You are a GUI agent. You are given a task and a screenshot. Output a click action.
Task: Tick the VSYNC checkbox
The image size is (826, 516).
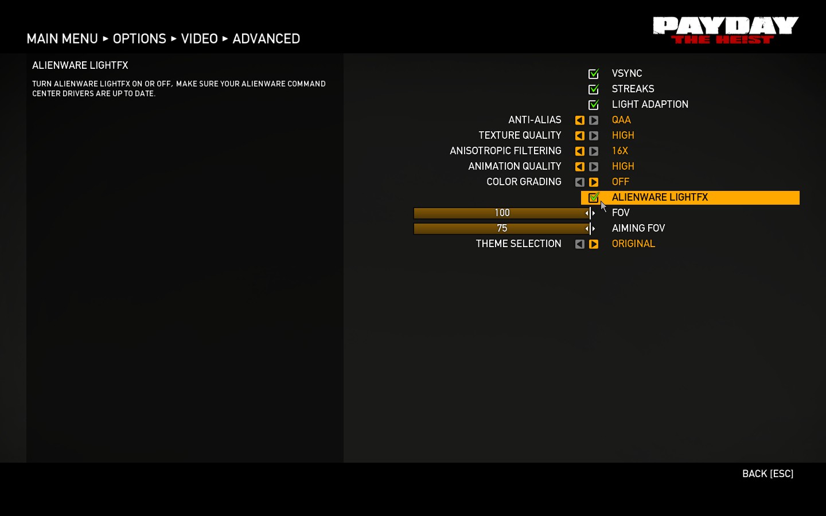pos(594,74)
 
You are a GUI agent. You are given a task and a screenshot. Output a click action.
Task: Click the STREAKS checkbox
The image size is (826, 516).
pos(594,89)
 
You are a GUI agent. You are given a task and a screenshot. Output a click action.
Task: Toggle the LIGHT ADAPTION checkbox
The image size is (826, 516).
pos(594,105)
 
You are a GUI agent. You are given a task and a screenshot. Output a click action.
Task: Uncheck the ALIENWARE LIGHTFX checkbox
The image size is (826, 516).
pos(594,198)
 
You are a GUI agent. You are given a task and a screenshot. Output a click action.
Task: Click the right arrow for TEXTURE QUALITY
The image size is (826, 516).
pos(594,136)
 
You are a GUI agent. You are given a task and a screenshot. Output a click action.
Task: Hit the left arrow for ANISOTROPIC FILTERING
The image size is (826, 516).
pos(580,151)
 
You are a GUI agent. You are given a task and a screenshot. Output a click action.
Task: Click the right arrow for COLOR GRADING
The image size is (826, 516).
pos(594,182)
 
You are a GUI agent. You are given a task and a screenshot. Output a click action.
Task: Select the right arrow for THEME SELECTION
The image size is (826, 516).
pos(594,244)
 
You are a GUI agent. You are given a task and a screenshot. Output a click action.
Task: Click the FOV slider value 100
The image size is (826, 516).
pos(502,213)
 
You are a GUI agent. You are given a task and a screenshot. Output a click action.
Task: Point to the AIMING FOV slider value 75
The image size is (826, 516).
pos(502,229)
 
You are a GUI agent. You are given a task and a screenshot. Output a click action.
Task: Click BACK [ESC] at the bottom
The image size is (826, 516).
pos(767,474)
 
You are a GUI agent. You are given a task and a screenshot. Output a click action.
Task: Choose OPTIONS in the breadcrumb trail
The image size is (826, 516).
pos(139,39)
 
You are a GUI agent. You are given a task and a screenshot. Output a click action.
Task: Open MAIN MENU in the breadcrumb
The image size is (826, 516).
pos(62,39)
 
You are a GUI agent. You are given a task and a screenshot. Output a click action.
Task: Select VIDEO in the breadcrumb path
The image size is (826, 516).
pos(199,39)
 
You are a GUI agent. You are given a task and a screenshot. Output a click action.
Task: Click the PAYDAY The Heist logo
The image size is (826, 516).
pos(726,30)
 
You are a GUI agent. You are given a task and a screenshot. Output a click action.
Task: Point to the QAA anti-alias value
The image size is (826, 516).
pos(621,120)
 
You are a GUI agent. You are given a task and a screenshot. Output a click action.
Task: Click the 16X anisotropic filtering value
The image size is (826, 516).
pos(620,151)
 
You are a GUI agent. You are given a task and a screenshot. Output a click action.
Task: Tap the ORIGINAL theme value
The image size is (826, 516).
pos(633,244)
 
